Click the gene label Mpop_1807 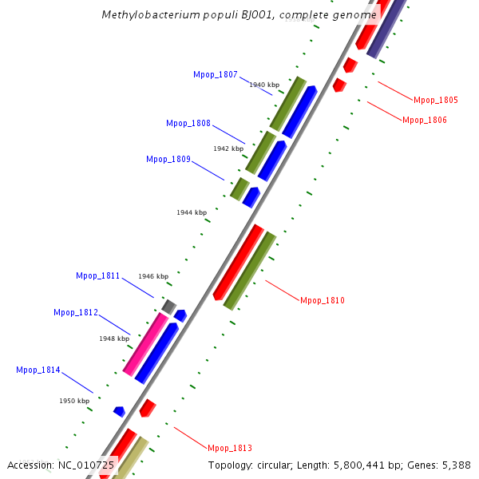(x=216, y=74)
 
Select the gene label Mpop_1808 (x=188, y=123)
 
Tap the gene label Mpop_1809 (x=168, y=159)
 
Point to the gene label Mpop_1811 (x=98, y=275)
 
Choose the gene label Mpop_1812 (x=76, y=312)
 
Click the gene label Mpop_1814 (x=38, y=370)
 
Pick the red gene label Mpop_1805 (x=436, y=100)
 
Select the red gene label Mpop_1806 (x=425, y=120)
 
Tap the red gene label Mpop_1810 (x=323, y=300)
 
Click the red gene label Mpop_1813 (x=230, y=448)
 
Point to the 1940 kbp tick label (x=264, y=85)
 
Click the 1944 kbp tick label (x=192, y=212)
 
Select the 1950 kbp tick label (x=74, y=401)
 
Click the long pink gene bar (x=146, y=344)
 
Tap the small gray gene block (x=168, y=306)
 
